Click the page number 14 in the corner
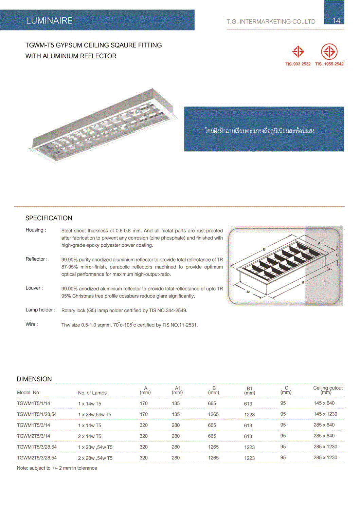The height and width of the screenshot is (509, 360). click(x=336, y=20)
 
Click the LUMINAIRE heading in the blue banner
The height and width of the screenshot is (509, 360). click(x=49, y=21)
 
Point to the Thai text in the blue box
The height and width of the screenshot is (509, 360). click(x=259, y=131)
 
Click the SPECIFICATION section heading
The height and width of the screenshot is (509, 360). click(x=49, y=218)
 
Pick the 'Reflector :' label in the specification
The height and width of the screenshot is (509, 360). click(x=36, y=259)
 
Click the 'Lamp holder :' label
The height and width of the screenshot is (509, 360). click(x=40, y=310)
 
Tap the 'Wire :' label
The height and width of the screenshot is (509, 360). click(x=32, y=324)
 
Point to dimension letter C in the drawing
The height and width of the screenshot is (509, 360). click(x=337, y=255)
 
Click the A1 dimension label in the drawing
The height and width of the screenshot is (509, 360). click(x=248, y=292)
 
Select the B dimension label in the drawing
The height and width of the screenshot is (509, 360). click(x=264, y=249)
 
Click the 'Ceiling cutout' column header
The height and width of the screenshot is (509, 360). click(x=328, y=390)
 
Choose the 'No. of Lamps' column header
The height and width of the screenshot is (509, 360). click(x=92, y=393)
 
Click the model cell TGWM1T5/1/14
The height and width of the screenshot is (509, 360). click(x=33, y=403)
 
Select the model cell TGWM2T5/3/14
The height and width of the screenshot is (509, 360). click(x=33, y=436)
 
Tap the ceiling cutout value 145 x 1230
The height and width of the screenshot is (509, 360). click(x=325, y=414)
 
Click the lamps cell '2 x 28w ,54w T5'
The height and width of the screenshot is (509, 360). click(x=95, y=458)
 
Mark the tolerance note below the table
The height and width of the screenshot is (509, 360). click(x=57, y=468)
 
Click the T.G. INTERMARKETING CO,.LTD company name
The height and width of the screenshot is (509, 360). click(x=271, y=22)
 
